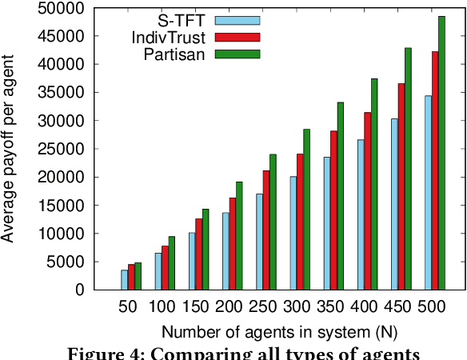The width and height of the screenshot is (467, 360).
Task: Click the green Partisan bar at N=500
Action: [441, 153]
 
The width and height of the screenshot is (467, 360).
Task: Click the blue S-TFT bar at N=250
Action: [259, 242]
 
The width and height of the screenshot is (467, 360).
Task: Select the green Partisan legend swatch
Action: [237, 53]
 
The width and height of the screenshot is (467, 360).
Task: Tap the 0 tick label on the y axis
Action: [79, 290]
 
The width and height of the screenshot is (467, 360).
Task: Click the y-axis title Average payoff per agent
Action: [10, 149]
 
